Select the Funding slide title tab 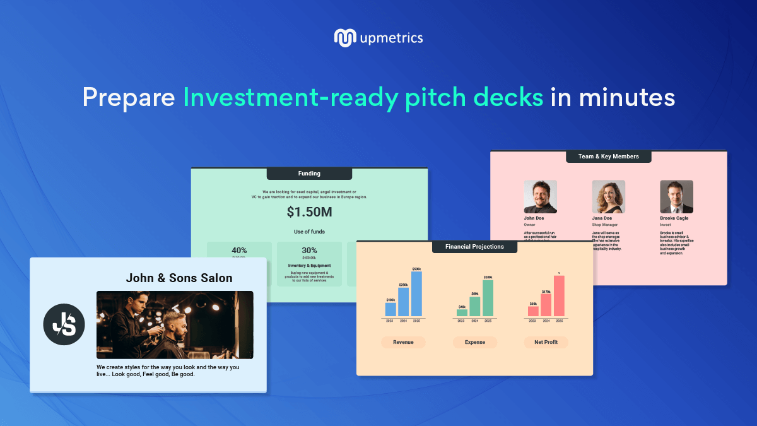(x=309, y=174)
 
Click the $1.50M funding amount (x=309, y=212)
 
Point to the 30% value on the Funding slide (x=309, y=251)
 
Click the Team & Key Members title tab (x=608, y=157)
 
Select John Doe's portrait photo (x=541, y=197)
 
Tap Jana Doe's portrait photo (x=608, y=197)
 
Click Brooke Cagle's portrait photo (x=676, y=197)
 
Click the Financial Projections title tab (x=474, y=247)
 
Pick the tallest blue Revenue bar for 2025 (x=416, y=295)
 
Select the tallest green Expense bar (x=488, y=299)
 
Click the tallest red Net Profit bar (x=559, y=297)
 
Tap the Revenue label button (x=403, y=342)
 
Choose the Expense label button (x=475, y=342)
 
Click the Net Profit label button (x=546, y=342)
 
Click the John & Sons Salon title (x=179, y=278)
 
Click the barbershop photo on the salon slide (x=175, y=325)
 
